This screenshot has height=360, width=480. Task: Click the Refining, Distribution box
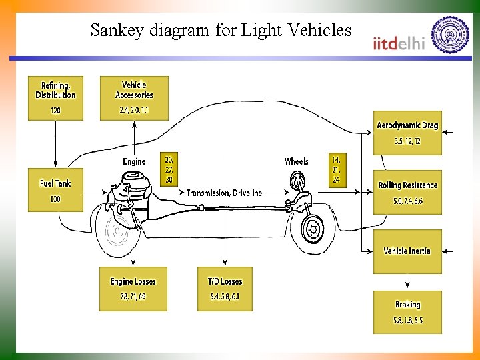(55, 98)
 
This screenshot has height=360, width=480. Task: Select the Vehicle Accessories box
(134, 98)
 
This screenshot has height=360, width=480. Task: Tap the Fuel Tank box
(55, 190)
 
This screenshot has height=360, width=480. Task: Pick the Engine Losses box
(133, 289)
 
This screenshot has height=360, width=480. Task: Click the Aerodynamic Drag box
(407, 133)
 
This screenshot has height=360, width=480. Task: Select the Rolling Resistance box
(407, 192)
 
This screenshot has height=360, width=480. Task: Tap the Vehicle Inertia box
(407, 251)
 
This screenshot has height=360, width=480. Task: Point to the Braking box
(407, 312)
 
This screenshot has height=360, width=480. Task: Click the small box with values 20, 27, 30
(169, 169)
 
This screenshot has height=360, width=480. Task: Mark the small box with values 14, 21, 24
(337, 169)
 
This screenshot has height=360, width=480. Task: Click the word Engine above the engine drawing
(134, 161)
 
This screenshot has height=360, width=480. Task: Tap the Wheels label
(296, 161)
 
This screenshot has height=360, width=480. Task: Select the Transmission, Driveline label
(224, 193)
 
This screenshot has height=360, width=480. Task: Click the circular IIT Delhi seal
(450, 35)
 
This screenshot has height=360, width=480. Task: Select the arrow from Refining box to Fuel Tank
(55, 143)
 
